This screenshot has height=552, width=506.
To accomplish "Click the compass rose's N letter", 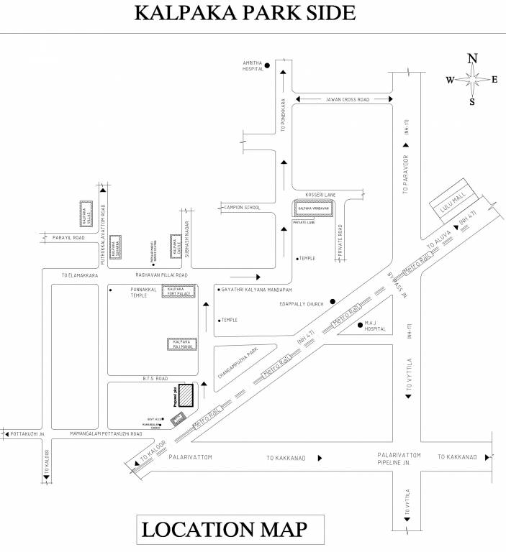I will pyautogui.click(x=473, y=59).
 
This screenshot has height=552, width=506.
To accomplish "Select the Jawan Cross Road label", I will pyautogui.click(x=347, y=100).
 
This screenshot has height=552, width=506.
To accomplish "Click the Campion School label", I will pyautogui.click(x=242, y=208).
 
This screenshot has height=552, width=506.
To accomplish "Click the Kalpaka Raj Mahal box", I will pyautogui.click(x=181, y=344).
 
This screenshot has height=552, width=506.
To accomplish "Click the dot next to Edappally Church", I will pyautogui.click(x=332, y=301).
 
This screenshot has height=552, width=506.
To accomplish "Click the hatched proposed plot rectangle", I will pyautogui.click(x=186, y=396).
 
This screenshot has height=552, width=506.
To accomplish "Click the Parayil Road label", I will pyautogui.click(x=68, y=237).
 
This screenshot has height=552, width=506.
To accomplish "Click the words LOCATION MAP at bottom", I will pyautogui.click(x=224, y=530).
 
